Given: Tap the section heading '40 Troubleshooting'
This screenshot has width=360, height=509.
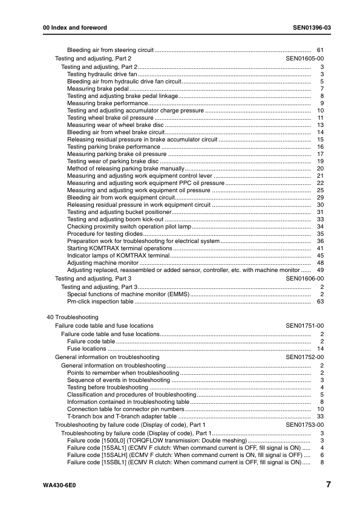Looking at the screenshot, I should click(73, 317).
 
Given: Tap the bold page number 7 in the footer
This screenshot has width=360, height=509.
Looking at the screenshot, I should click(327, 485).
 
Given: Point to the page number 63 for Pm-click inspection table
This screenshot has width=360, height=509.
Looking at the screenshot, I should click(321, 301).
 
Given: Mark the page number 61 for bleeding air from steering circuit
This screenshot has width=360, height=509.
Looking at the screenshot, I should click(321, 50).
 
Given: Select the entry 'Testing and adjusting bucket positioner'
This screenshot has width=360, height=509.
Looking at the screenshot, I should click(119, 212).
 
